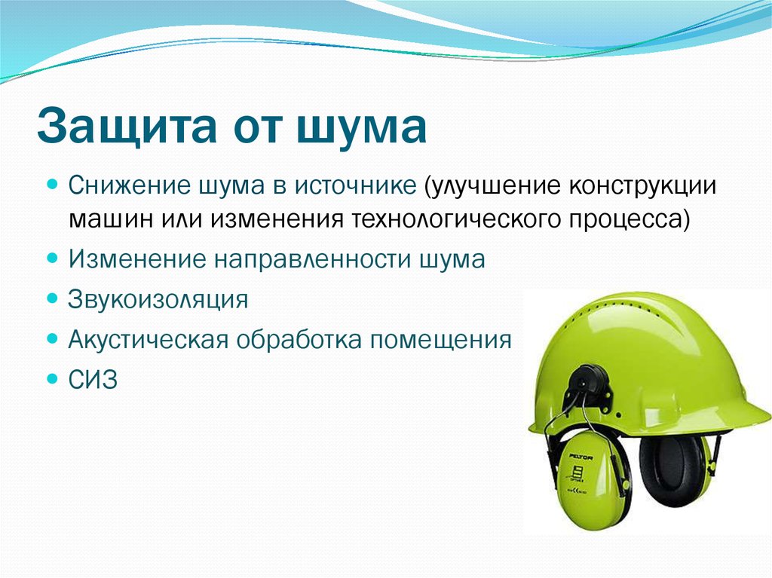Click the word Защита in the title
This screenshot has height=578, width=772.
coord(127,125)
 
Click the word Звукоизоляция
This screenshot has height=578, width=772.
coord(158,299)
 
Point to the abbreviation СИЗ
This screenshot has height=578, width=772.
coord(93,380)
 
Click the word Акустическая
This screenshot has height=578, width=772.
coord(149,340)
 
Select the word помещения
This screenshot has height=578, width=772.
coord(440,340)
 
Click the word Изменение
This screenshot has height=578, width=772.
coord(137,259)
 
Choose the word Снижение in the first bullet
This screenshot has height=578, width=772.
coord(130,186)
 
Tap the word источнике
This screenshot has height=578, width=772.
coord(356,186)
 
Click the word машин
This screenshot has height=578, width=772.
coord(112,219)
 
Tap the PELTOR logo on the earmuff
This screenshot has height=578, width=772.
coord(581,457)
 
